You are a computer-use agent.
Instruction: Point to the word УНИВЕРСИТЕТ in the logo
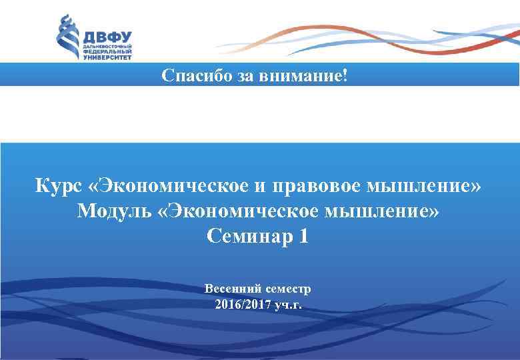107,58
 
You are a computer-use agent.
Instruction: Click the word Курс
58,185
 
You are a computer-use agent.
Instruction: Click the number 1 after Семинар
304,236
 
